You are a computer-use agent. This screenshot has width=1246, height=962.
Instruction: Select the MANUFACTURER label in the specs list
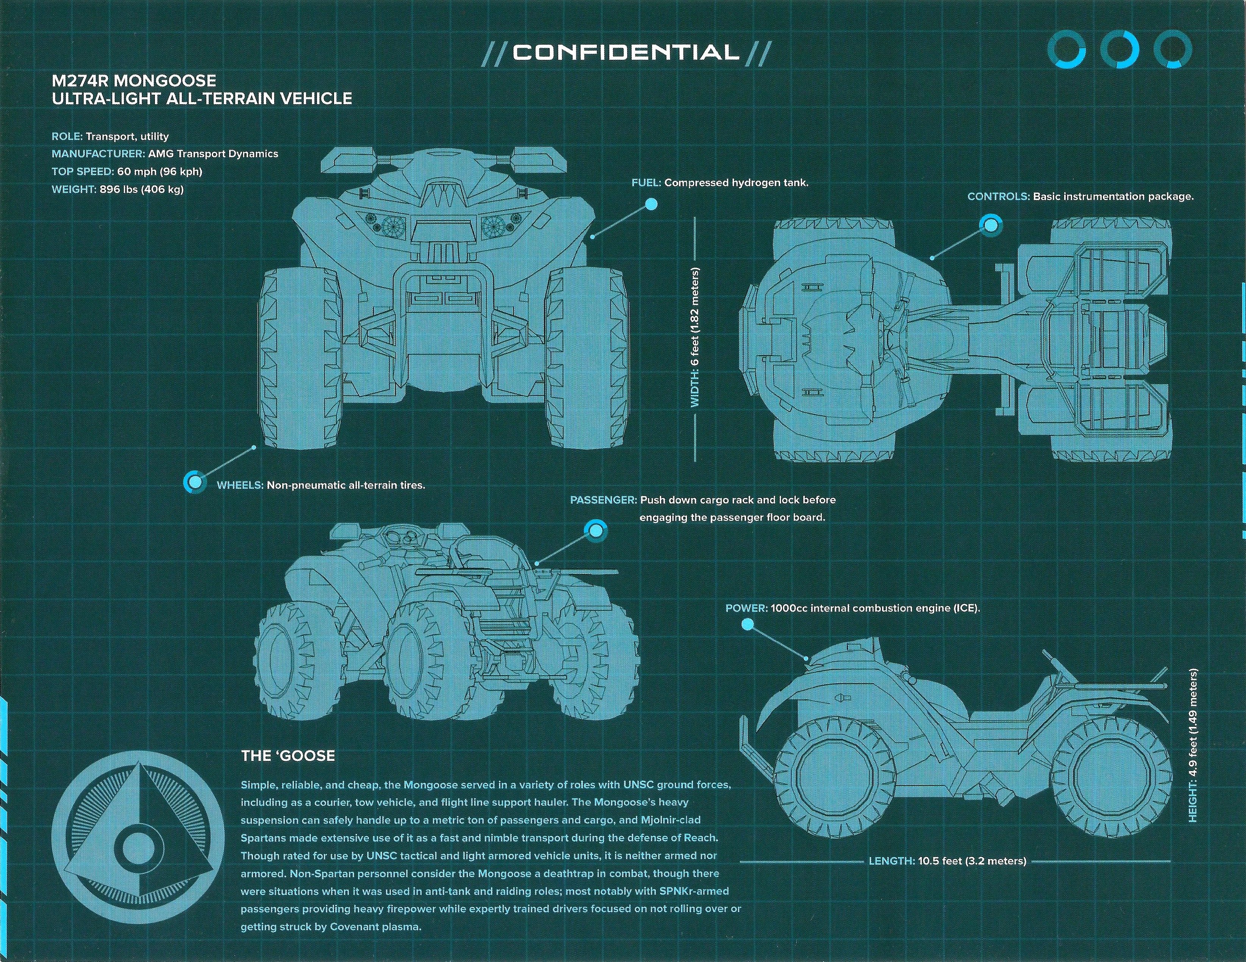click(98, 153)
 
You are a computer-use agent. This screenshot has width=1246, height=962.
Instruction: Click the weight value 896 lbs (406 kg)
click(142, 189)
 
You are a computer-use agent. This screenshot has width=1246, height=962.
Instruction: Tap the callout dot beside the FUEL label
click(651, 204)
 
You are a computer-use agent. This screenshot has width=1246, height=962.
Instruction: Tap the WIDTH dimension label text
click(695, 338)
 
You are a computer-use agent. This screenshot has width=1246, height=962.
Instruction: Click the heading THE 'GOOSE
click(288, 756)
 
